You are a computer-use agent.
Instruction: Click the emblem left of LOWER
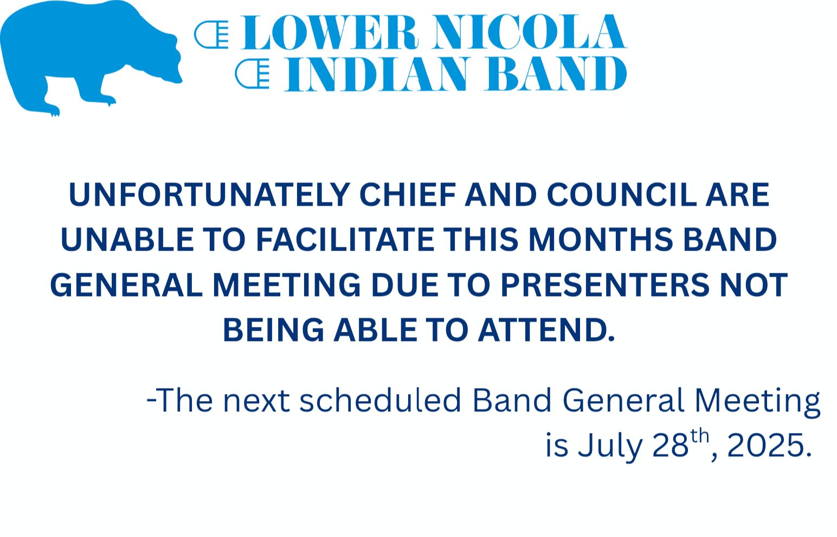pyautogui.click(x=211, y=35)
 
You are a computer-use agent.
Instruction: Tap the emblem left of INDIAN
pyautogui.click(x=252, y=74)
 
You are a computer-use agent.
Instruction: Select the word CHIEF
pyautogui.click(x=408, y=195)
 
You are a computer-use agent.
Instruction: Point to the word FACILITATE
pyautogui.click(x=345, y=239)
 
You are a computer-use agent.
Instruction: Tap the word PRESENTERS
pyautogui.click(x=605, y=285)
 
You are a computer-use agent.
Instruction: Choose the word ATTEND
pyautogui.click(x=546, y=330)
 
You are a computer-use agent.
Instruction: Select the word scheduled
pyautogui.click(x=381, y=401)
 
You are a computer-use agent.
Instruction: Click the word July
pyautogui.click(x=610, y=446)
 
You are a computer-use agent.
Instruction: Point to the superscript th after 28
pyautogui.click(x=699, y=436)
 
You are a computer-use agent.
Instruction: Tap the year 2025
pyautogui.click(x=765, y=446)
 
